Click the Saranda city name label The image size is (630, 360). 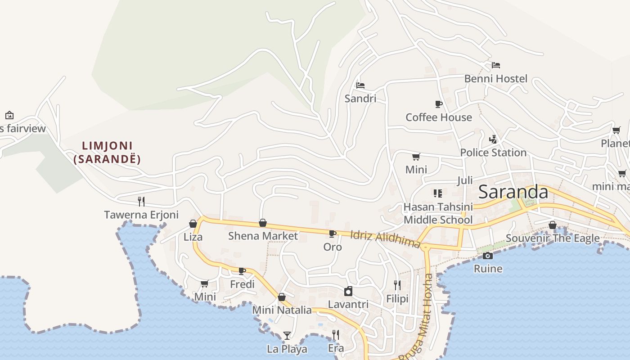[x=513, y=192]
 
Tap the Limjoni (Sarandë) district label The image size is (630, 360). [x=107, y=152]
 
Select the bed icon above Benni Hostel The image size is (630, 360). [x=495, y=65]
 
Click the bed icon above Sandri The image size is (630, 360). [x=360, y=85]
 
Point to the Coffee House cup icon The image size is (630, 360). [x=438, y=104]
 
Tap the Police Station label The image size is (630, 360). [x=493, y=153]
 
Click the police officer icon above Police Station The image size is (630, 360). [x=493, y=139]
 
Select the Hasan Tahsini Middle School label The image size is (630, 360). [x=438, y=213]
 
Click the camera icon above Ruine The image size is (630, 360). [x=487, y=256]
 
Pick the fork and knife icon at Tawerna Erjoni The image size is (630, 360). [x=141, y=201]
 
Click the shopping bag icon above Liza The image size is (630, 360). [x=193, y=224]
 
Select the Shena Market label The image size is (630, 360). [x=263, y=236]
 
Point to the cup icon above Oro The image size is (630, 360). [x=332, y=234]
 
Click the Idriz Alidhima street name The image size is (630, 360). [x=385, y=239]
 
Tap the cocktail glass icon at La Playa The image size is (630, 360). [x=287, y=335]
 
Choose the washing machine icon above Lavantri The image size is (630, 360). [x=348, y=291]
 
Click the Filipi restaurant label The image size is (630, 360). [x=397, y=299]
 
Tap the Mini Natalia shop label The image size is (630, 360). [x=282, y=310]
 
